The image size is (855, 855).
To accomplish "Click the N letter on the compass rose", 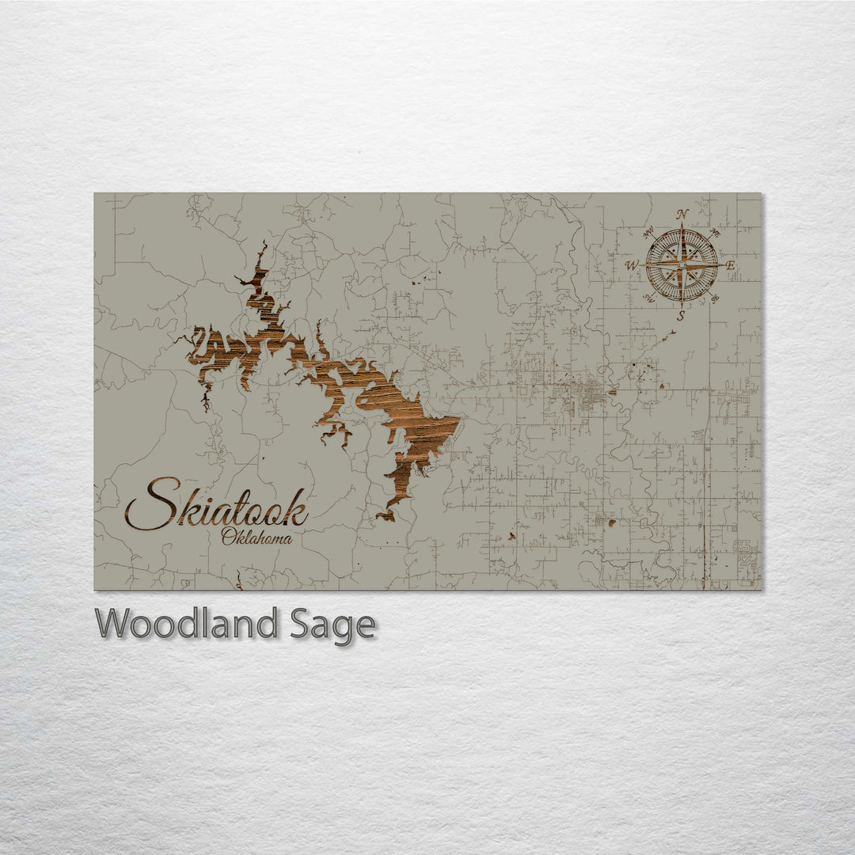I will pos(682,214).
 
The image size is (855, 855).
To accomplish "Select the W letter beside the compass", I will pos(633,264).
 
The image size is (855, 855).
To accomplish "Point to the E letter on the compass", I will pos(730,265).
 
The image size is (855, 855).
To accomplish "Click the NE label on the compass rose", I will pos(715,233).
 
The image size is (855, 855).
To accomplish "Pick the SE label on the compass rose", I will pos(715,298).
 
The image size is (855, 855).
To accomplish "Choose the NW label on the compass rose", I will pos(648,232).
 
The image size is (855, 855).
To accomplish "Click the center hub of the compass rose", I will pos(682,264).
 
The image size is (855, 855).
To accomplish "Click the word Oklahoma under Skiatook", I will pos(256,539).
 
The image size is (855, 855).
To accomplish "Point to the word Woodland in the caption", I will pos(186,624).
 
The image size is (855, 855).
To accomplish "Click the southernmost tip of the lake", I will pos(382,519).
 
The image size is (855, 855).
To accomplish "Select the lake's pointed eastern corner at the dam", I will pos(460,420).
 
